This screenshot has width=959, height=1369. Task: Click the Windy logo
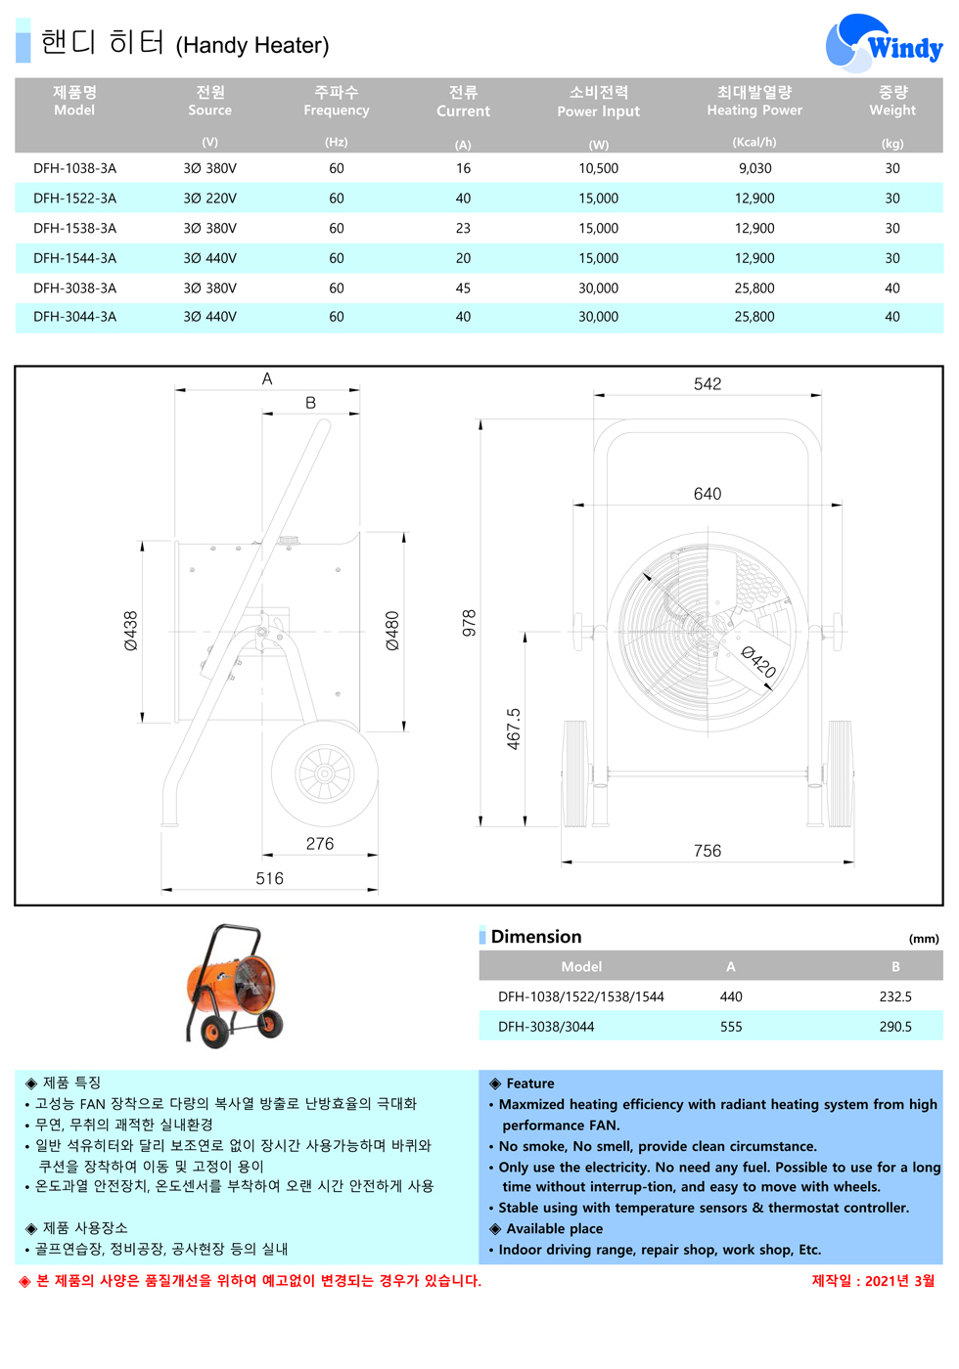click(x=884, y=44)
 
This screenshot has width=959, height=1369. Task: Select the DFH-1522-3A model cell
click(x=74, y=199)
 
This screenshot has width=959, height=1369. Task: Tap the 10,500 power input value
click(x=598, y=168)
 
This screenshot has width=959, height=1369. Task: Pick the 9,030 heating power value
click(x=754, y=168)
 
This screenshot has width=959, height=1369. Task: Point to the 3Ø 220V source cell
click(x=209, y=199)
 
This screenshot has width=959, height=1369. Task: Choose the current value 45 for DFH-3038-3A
click(x=463, y=288)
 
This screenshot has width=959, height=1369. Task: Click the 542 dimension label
click(x=707, y=384)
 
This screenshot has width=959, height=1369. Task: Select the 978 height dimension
click(x=469, y=623)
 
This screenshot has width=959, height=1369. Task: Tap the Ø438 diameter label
click(x=131, y=631)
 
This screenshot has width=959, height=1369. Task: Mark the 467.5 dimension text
click(x=514, y=729)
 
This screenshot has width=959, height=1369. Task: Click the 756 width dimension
click(x=707, y=851)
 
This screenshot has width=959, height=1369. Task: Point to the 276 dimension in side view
click(x=319, y=844)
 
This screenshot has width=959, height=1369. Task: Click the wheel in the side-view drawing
click(x=324, y=773)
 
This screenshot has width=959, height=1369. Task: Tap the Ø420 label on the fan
click(x=758, y=662)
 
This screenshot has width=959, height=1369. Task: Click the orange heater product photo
click(x=234, y=985)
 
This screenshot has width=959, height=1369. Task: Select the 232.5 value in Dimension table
click(x=894, y=996)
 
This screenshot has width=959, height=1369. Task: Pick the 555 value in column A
click(x=731, y=1027)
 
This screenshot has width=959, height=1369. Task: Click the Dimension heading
click(x=535, y=937)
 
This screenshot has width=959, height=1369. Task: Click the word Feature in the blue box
click(x=529, y=1083)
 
